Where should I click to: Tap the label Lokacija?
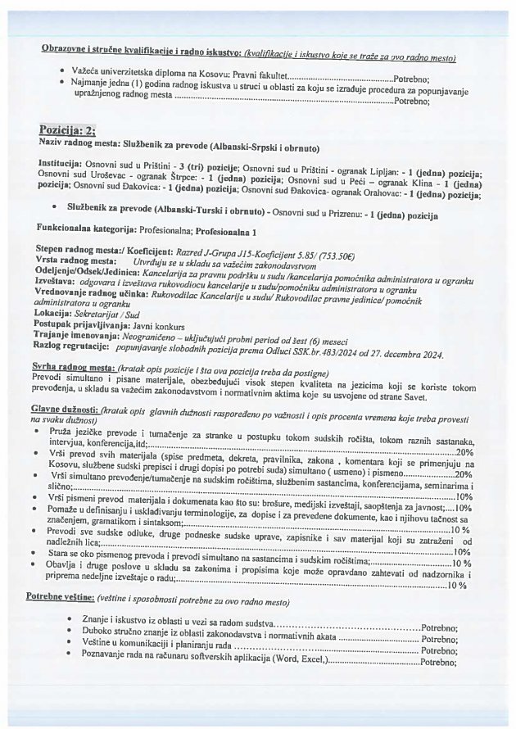click(x=59, y=314)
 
